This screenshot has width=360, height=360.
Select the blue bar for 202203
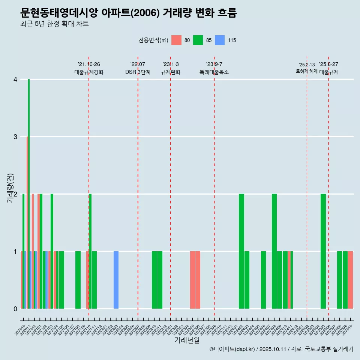pyautogui.click(x=116, y=280)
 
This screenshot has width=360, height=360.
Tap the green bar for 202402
pyautogui.click(x=241, y=251)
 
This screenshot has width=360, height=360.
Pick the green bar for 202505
pyautogui.click(x=323, y=251)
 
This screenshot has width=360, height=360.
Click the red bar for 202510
pyautogui.click(x=350, y=280)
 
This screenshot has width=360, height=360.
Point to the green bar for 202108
pyautogui.click(x=78, y=280)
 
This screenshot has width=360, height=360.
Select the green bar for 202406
pyautogui.click(x=263, y=280)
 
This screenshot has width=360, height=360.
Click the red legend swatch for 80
pyautogui.click(x=176, y=40)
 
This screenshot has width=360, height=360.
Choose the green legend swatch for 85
pyautogui.click(x=198, y=40)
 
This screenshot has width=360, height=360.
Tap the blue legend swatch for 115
pyautogui.click(x=220, y=40)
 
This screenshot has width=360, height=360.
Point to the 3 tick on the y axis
pyautogui.click(x=15, y=137)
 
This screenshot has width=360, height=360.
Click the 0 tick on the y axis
pyautogui.click(x=15, y=309)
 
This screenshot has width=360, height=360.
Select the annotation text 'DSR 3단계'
pyautogui.click(x=138, y=72)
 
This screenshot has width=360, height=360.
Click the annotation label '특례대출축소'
pyautogui.click(x=214, y=72)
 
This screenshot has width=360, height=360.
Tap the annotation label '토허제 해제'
pyautogui.click(x=306, y=71)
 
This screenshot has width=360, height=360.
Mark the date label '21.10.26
pyautogui.click(x=89, y=64)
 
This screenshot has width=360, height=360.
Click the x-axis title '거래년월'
pyautogui.click(x=187, y=340)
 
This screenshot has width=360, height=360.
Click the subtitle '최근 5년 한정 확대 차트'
pyautogui.click(x=54, y=24)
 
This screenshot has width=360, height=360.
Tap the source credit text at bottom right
pyautogui.click(x=281, y=349)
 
